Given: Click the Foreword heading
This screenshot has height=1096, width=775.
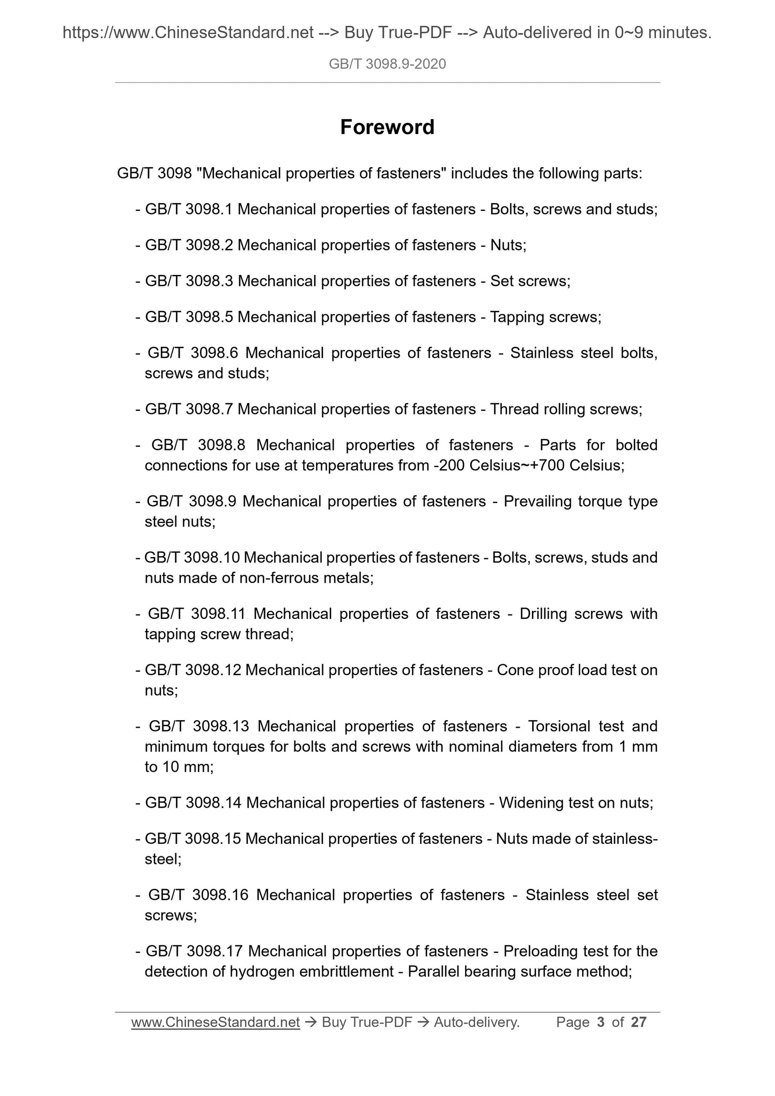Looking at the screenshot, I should pos(387,128).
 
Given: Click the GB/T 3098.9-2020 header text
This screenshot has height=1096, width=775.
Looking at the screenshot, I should pos(387,64).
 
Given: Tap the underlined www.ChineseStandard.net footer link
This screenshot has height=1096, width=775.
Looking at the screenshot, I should pos(215,1023).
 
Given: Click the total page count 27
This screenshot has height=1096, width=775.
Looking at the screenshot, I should pos(639,1023).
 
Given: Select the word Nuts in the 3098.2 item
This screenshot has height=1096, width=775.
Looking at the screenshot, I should pos(506,246).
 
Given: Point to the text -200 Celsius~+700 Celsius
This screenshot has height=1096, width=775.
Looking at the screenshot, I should pos(528,465).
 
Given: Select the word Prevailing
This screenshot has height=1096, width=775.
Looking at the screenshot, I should pos(537,501).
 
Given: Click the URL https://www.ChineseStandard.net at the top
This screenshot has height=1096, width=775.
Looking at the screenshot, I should pos(188,33).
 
